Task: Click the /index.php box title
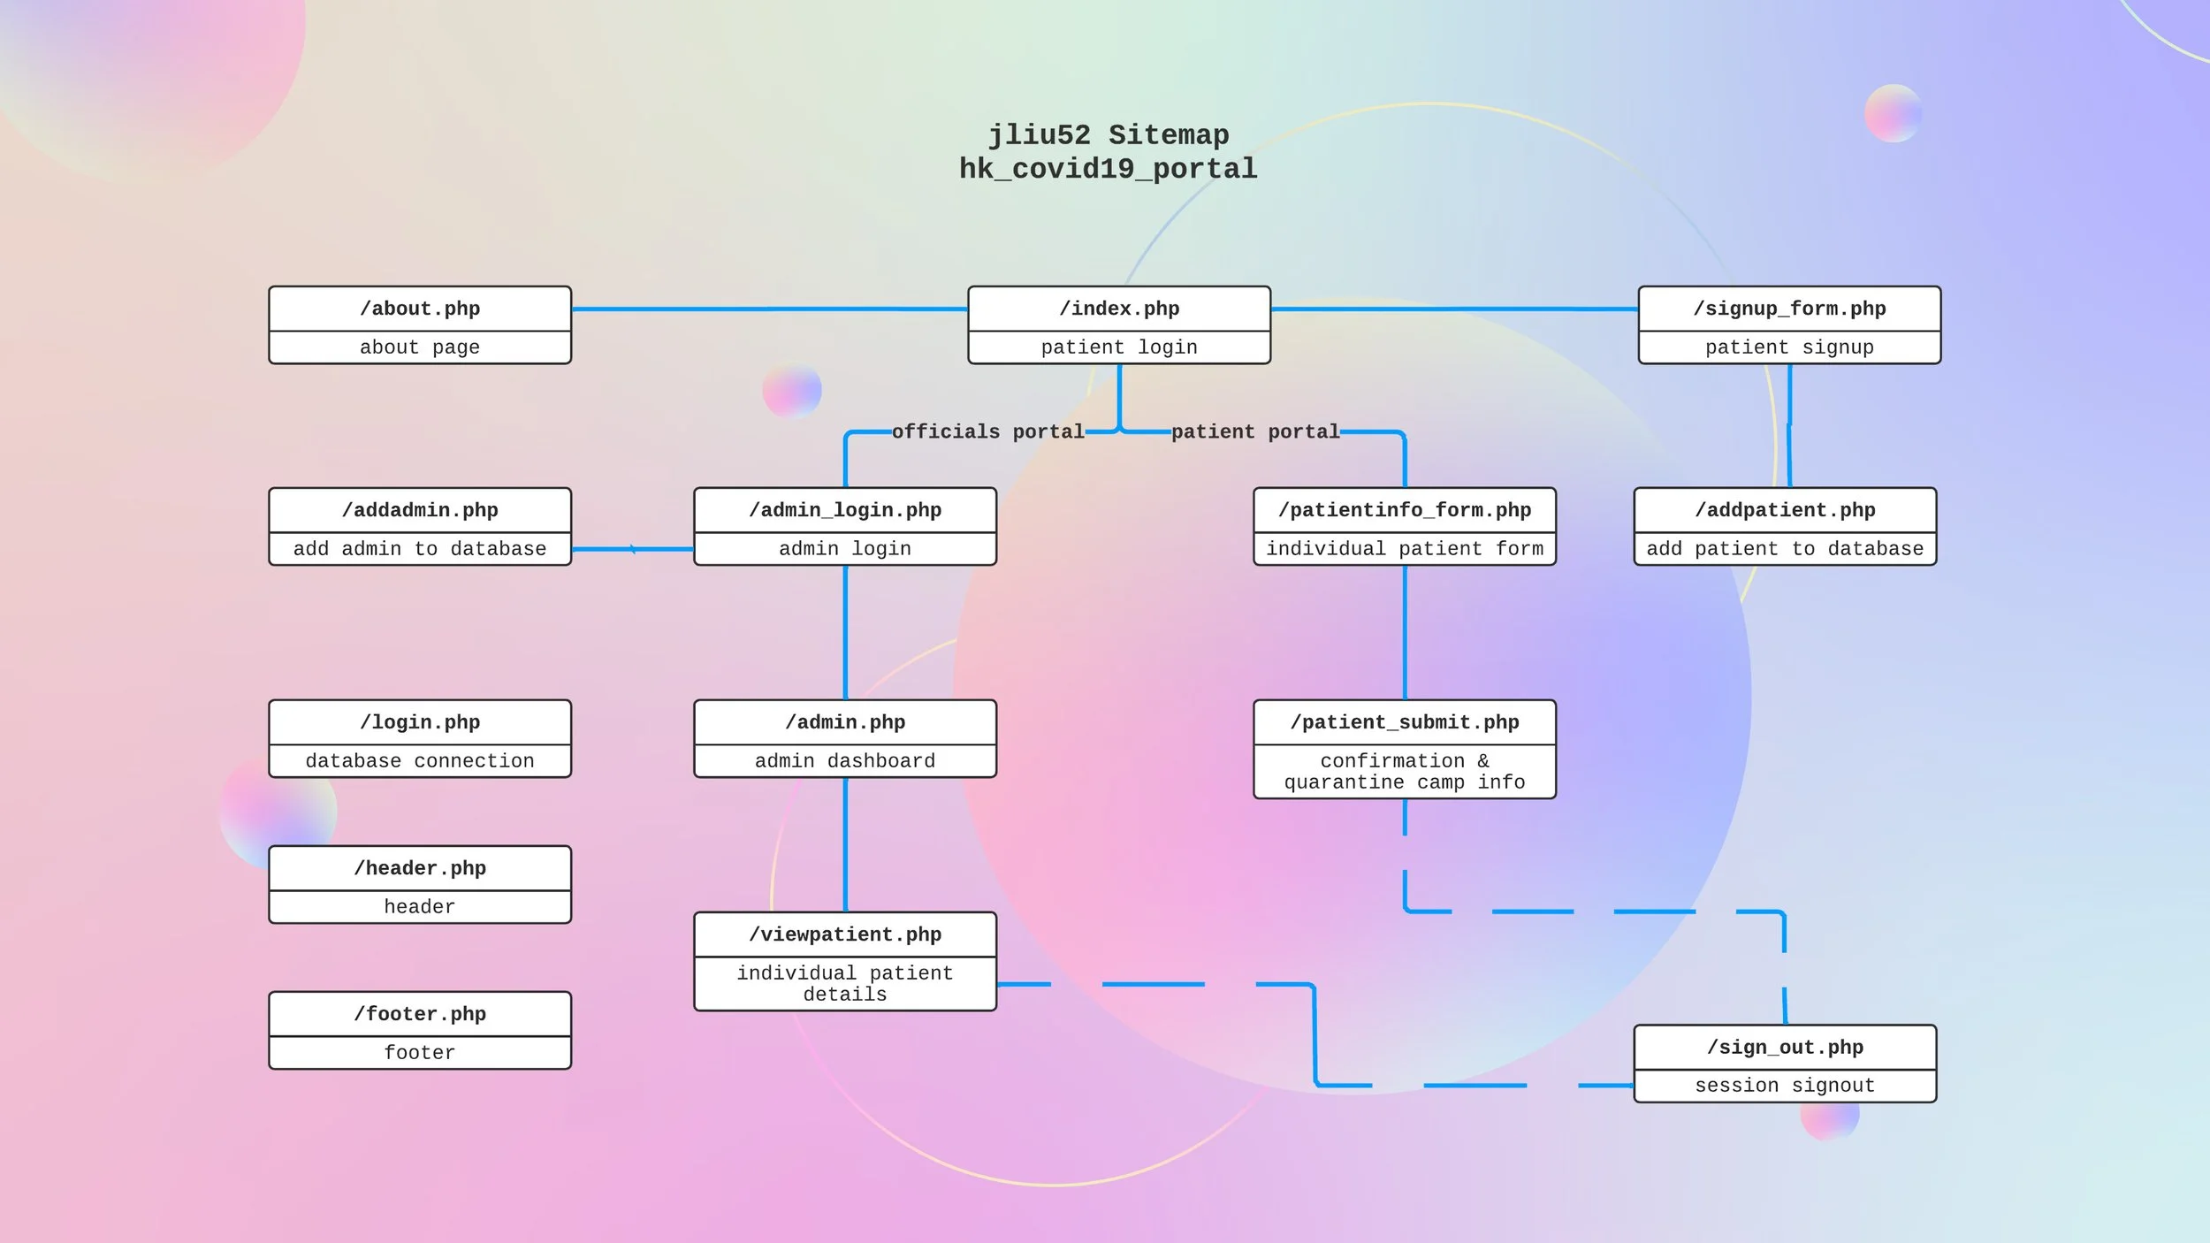tap(1119, 309)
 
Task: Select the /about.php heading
tap(420, 309)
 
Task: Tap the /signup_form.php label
tap(1789, 309)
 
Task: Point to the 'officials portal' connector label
tap(987, 431)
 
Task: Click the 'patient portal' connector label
tap(1255, 431)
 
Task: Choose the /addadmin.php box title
tap(420, 510)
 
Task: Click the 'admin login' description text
tap(845, 548)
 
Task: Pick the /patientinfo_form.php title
tap(1405, 510)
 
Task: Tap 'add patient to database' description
tap(1785, 548)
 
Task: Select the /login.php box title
tap(420, 722)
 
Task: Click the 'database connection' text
tap(420, 760)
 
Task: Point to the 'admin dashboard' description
tap(845, 760)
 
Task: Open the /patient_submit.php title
tap(1405, 722)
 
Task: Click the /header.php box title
tap(420, 868)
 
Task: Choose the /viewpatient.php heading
tap(845, 934)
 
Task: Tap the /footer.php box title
tap(420, 1014)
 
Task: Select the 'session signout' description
tap(1785, 1085)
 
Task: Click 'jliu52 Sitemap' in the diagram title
tap(1109, 135)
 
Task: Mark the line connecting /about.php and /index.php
tap(770, 309)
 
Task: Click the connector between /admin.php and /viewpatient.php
tap(845, 844)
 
